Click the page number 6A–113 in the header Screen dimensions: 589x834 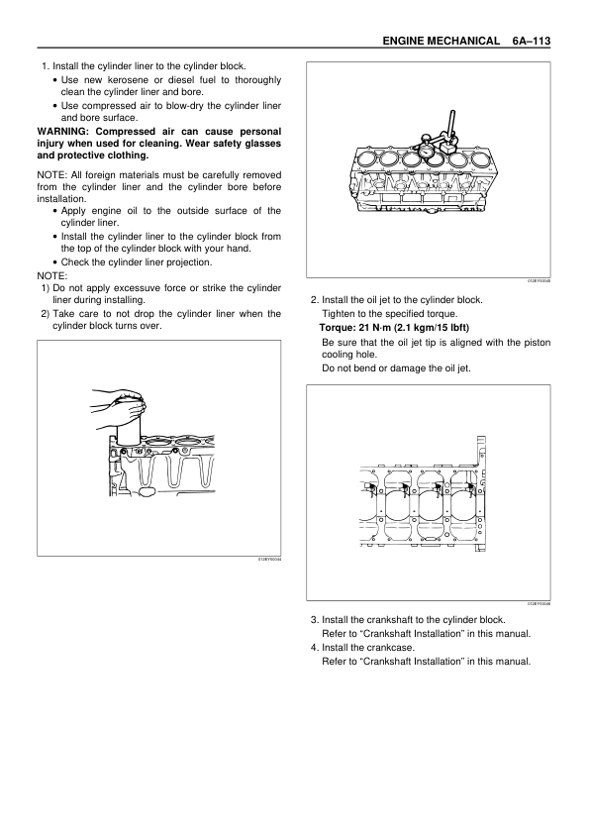click(x=531, y=41)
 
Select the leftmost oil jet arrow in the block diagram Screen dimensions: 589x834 click(x=371, y=486)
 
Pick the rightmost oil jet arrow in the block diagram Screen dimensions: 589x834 click(x=470, y=486)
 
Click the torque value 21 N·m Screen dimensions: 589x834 click(x=375, y=328)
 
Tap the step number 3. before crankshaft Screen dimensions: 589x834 click(x=315, y=620)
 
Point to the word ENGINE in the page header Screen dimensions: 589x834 click(x=403, y=41)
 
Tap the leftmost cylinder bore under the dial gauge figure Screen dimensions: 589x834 click(x=365, y=158)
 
